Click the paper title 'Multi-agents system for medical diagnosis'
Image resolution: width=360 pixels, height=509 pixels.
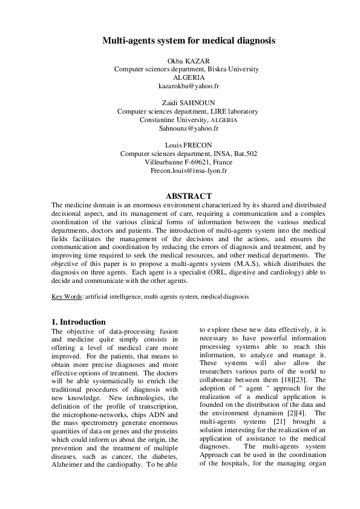click(x=188, y=41)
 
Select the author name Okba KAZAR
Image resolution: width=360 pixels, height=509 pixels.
click(x=188, y=60)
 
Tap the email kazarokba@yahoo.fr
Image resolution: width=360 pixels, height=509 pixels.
click(x=188, y=86)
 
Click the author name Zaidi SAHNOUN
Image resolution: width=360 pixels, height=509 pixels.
click(x=188, y=103)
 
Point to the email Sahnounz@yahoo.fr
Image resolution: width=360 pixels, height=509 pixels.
click(x=188, y=129)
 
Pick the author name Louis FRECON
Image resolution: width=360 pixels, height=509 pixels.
click(x=188, y=145)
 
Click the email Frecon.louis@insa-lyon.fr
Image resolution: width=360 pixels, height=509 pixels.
click(x=188, y=171)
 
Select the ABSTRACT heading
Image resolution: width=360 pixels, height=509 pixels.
click(x=188, y=196)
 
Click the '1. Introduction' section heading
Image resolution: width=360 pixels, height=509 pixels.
click(x=79, y=322)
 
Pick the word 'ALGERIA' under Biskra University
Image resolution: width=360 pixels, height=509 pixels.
click(x=188, y=78)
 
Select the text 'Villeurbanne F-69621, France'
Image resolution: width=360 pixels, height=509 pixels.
click(x=188, y=163)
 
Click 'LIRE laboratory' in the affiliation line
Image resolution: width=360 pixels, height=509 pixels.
click(x=232, y=111)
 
